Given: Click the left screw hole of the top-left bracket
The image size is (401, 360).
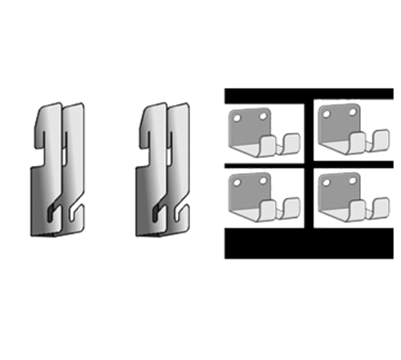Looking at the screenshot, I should [x=237, y=118].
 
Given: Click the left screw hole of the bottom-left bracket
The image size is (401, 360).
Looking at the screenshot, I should [x=237, y=181].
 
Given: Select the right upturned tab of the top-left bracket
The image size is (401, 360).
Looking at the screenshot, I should [x=292, y=144].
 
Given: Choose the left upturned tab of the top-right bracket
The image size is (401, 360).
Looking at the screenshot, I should [x=358, y=145].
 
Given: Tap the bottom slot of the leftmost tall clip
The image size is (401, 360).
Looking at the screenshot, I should [x=52, y=212].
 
